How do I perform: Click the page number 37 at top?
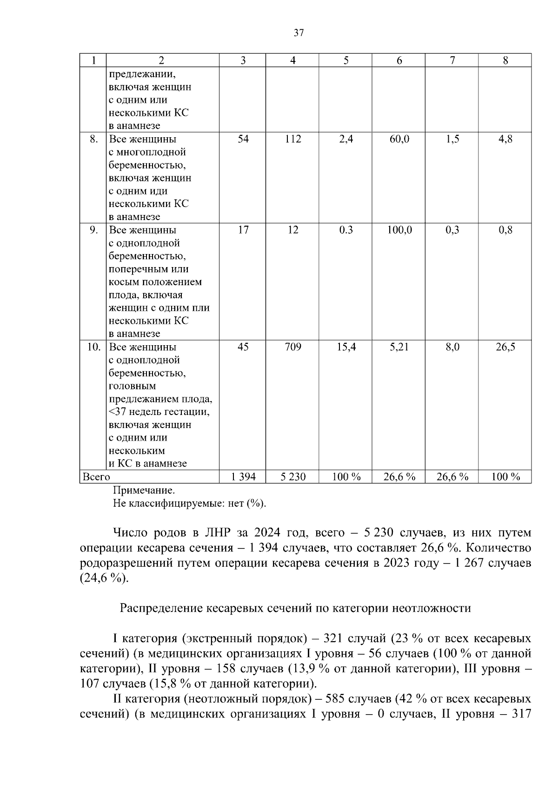(299, 33)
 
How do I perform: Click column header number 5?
(345, 60)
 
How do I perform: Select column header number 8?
(505, 60)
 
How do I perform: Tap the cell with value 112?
(293, 139)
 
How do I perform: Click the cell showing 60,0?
(399, 139)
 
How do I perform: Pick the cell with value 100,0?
(399, 230)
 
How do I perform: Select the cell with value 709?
(293, 347)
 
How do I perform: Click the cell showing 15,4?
(346, 347)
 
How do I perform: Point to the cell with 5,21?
(399, 347)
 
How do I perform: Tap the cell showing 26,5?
(505, 347)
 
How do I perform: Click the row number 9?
(93, 230)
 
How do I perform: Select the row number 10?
(93, 347)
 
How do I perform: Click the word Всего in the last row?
(96, 477)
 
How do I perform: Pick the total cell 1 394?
(243, 477)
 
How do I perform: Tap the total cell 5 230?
(293, 477)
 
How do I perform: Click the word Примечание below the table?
(144, 490)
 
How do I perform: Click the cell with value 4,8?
(505, 139)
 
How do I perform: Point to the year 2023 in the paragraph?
(398, 563)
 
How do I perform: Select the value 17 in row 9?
(243, 230)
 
